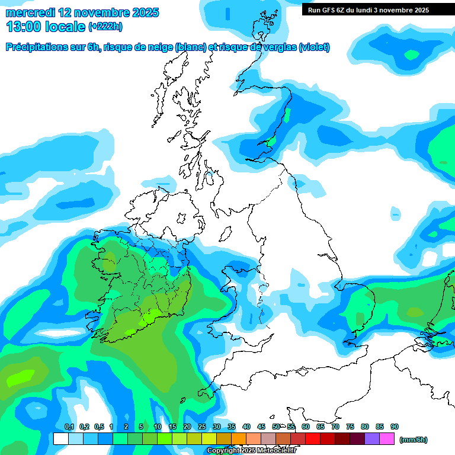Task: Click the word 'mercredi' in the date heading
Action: click(30, 12)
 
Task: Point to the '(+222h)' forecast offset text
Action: click(105, 27)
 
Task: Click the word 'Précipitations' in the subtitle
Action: click(37, 47)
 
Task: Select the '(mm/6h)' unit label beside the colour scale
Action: click(413, 440)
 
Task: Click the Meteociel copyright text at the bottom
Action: click(251, 451)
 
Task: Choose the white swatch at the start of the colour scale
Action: click(60, 439)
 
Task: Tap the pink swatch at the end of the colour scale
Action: click(387, 439)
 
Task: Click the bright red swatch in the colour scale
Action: click(313, 439)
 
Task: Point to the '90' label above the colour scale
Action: click(395, 427)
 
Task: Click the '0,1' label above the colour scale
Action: click(69, 427)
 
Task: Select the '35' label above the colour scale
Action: click(232, 427)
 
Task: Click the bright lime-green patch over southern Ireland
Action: click(152, 316)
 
